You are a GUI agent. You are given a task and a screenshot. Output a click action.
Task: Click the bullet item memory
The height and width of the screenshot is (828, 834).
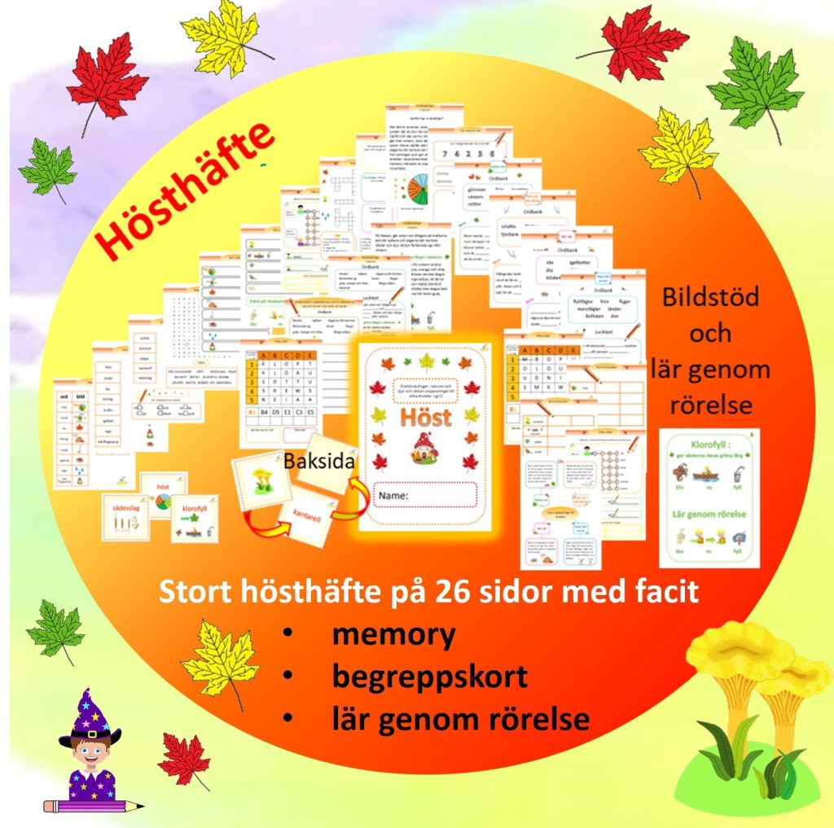393,634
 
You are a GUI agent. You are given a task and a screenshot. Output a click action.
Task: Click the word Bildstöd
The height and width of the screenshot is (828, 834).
710,296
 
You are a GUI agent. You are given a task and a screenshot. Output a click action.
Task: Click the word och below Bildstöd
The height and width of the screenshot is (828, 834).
710,333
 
